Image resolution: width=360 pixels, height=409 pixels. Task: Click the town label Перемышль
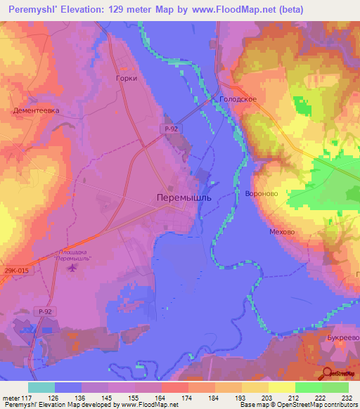coord(182,199)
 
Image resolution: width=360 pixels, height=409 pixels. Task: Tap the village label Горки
coord(126,79)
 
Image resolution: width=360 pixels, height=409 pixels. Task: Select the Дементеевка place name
coord(35,110)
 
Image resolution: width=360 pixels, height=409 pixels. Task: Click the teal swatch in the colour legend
coord(41,387)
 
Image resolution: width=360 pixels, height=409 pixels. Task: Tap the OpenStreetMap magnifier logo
coord(329,373)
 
